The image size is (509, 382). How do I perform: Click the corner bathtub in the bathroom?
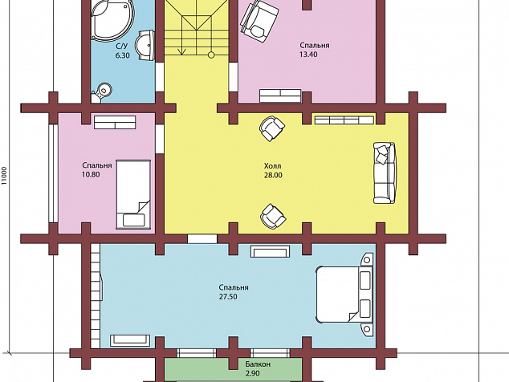pos(112,19)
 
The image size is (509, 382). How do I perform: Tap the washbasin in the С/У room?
pos(147,45)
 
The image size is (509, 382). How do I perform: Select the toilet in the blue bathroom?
pos(102,91)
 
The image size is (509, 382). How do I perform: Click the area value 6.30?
pos(122,55)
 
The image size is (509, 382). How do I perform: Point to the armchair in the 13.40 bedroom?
pos(259,21)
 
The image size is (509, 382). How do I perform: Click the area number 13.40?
pos(308,55)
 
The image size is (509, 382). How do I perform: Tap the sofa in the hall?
pos(385,173)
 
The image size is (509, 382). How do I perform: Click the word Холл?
pos(273,166)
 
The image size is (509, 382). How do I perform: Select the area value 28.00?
pos(273,175)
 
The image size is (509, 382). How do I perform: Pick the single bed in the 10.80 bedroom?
pos(133,194)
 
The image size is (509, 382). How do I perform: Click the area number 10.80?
pos(91,175)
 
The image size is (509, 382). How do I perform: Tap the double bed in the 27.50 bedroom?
pos(344,295)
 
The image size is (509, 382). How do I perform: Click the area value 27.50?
pos(228,297)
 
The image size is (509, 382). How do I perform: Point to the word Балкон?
pos(258,364)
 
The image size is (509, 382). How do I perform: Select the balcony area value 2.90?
pos(253,373)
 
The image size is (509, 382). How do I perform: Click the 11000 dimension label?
pos(4,176)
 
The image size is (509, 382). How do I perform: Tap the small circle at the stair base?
pos(211,55)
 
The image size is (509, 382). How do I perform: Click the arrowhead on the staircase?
pos(181,51)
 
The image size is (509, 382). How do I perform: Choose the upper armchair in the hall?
pos(271,128)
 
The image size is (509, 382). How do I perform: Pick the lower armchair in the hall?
pos(273,217)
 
